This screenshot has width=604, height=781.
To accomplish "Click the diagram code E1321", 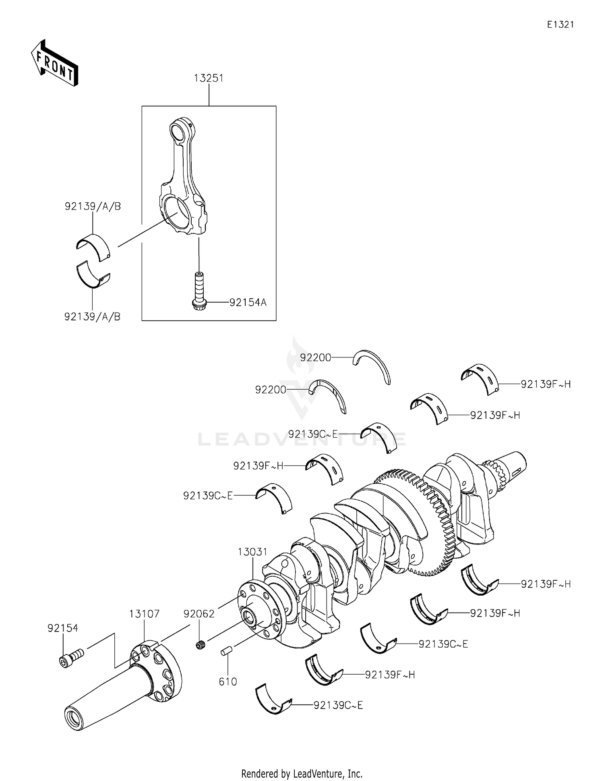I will (x=560, y=25).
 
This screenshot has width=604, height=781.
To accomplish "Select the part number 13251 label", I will (x=209, y=78).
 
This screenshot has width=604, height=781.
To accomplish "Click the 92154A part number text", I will (x=248, y=302).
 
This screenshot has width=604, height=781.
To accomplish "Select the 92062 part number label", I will (x=199, y=614).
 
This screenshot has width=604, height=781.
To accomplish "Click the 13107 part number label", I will (x=144, y=614).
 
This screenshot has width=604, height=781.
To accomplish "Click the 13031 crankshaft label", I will (x=252, y=552).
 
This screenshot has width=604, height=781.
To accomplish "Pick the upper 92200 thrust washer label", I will (x=315, y=357).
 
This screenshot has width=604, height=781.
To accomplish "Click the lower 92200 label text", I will (x=271, y=390).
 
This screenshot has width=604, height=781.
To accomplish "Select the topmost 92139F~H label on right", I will (x=546, y=384).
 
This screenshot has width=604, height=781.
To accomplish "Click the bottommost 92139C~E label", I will (x=338, y=705).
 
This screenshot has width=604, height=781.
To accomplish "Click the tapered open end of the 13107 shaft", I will (x=75, y=718).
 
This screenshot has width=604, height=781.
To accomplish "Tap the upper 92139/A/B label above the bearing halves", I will (x=93, y=206).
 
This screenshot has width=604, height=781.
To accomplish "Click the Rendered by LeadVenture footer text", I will (x=302, y=773).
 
